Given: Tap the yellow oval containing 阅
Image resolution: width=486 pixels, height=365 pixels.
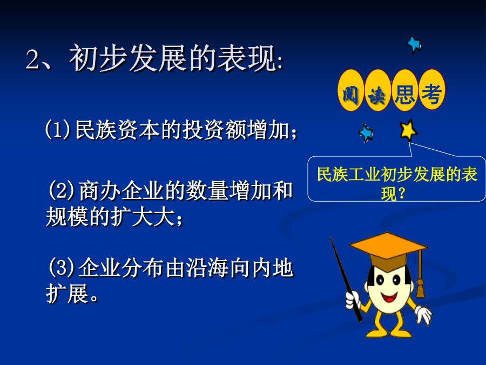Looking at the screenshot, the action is (350, 90).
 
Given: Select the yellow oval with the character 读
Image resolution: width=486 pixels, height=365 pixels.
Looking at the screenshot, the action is (377, 90).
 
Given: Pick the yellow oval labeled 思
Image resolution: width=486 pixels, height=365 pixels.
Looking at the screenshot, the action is (404, 90).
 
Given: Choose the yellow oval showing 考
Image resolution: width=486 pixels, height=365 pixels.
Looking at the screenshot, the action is (431, 90).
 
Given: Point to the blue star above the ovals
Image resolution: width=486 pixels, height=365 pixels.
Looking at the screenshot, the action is (414, 44).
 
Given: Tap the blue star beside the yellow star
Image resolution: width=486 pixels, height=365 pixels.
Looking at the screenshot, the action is (366, 133).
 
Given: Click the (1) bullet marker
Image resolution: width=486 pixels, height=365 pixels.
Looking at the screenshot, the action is (57, 130).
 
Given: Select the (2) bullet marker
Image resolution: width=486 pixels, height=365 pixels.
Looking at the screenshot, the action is (62, 190).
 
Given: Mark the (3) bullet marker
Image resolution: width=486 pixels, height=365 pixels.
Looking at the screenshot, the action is (62, 267).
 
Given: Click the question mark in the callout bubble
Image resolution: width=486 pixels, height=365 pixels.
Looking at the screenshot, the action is (401, 194).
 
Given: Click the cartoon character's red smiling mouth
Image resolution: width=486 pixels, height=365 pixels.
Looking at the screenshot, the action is (389, 297).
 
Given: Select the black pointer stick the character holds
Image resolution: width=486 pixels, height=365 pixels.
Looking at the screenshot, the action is (346, 279).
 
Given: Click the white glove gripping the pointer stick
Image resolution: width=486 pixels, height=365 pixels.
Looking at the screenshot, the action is (353, 300).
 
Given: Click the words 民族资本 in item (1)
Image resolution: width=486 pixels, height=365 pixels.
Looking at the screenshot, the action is (118, 130).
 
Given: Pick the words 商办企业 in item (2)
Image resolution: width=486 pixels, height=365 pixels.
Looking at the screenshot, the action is (121, 190).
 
